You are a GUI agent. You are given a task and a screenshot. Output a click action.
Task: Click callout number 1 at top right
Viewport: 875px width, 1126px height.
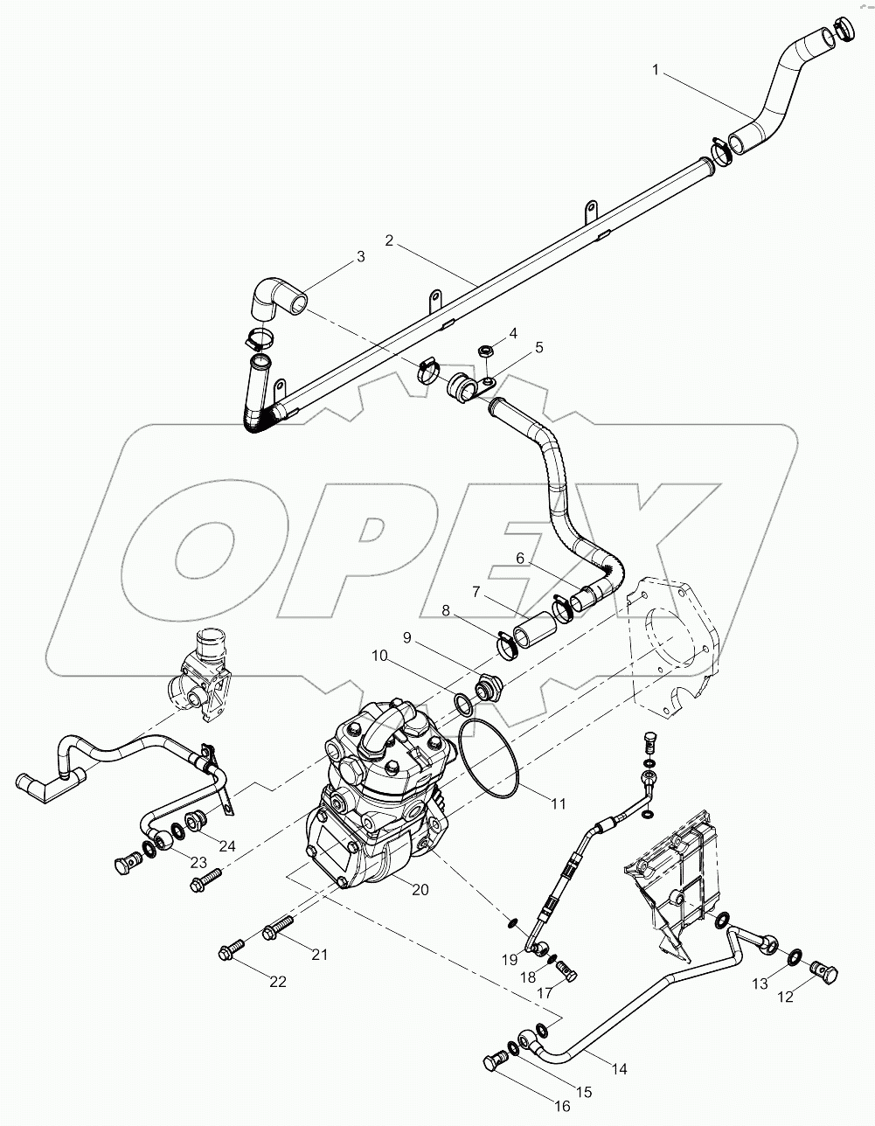pos(656,69)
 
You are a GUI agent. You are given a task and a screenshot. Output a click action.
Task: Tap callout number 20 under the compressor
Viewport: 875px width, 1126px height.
pos(420,890)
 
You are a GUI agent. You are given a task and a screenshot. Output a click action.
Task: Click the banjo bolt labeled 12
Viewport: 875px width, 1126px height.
pos(826,972)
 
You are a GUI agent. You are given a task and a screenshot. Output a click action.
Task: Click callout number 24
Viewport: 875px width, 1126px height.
pos(227,846)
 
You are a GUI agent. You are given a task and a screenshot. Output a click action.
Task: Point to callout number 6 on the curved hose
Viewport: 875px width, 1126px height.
pos(519,558)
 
